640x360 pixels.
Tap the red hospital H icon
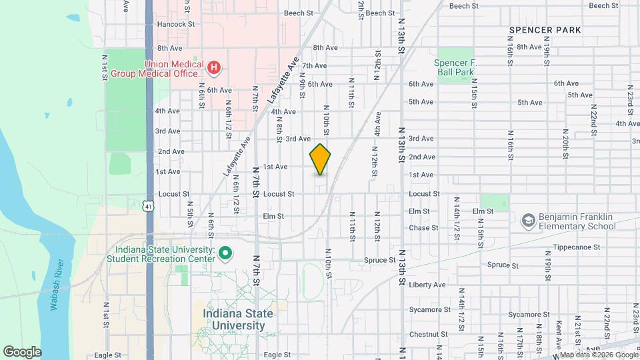pyautogui.click(x=214, y=67)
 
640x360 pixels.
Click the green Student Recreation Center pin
pyautogui.click(x=225, y=253)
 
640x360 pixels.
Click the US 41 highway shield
pyautogui.click(x=149, y=207)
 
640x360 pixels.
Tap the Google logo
pyautogui.click(x=23, y=351)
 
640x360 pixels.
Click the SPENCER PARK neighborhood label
pyautogui.click(x=545, y=30)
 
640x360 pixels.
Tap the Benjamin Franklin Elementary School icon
pyautogui.click(x=529, y=220)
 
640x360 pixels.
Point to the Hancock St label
pyautogui.click(x=175, y=24)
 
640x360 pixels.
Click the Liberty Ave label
pyautogui.click(x=427, y=285)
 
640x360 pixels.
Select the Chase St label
pyautogui.click(x=423, y=228)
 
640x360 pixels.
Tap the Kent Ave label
pyautogui.click(x=559, y=331)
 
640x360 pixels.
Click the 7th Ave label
pyautogui.click(x=314, y=66)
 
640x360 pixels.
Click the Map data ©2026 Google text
pyautogui.click(x=596, y=354)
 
